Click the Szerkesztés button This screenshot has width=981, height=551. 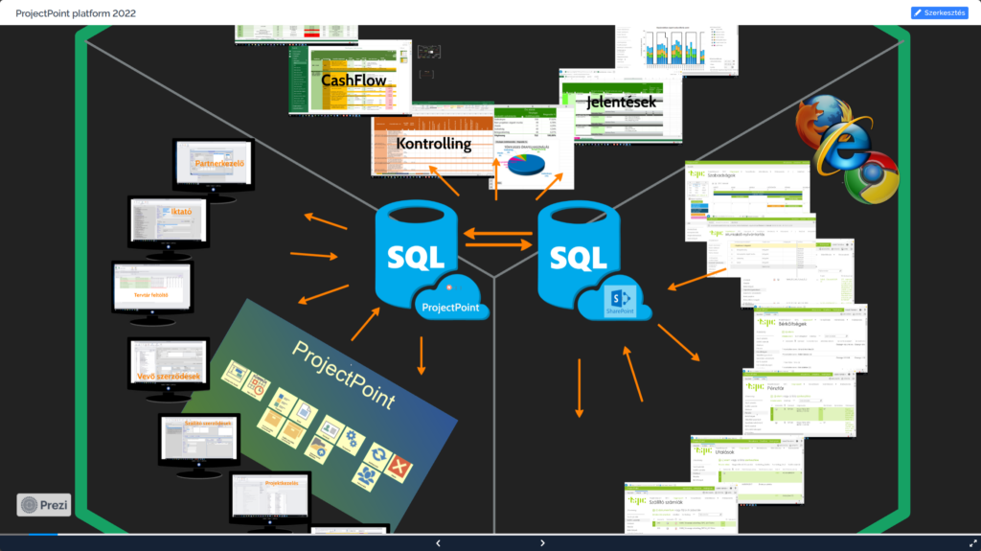point(939,12)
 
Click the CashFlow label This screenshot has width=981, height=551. point(354,80)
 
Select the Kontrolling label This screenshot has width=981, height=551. point(433,144)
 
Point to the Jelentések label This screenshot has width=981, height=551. point(622,100)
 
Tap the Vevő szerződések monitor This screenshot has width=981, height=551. point(169,365)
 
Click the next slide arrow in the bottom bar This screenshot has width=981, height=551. point(542,542)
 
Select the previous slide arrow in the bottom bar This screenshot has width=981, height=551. point(438,542)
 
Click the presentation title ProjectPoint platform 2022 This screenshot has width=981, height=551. point(77,12)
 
